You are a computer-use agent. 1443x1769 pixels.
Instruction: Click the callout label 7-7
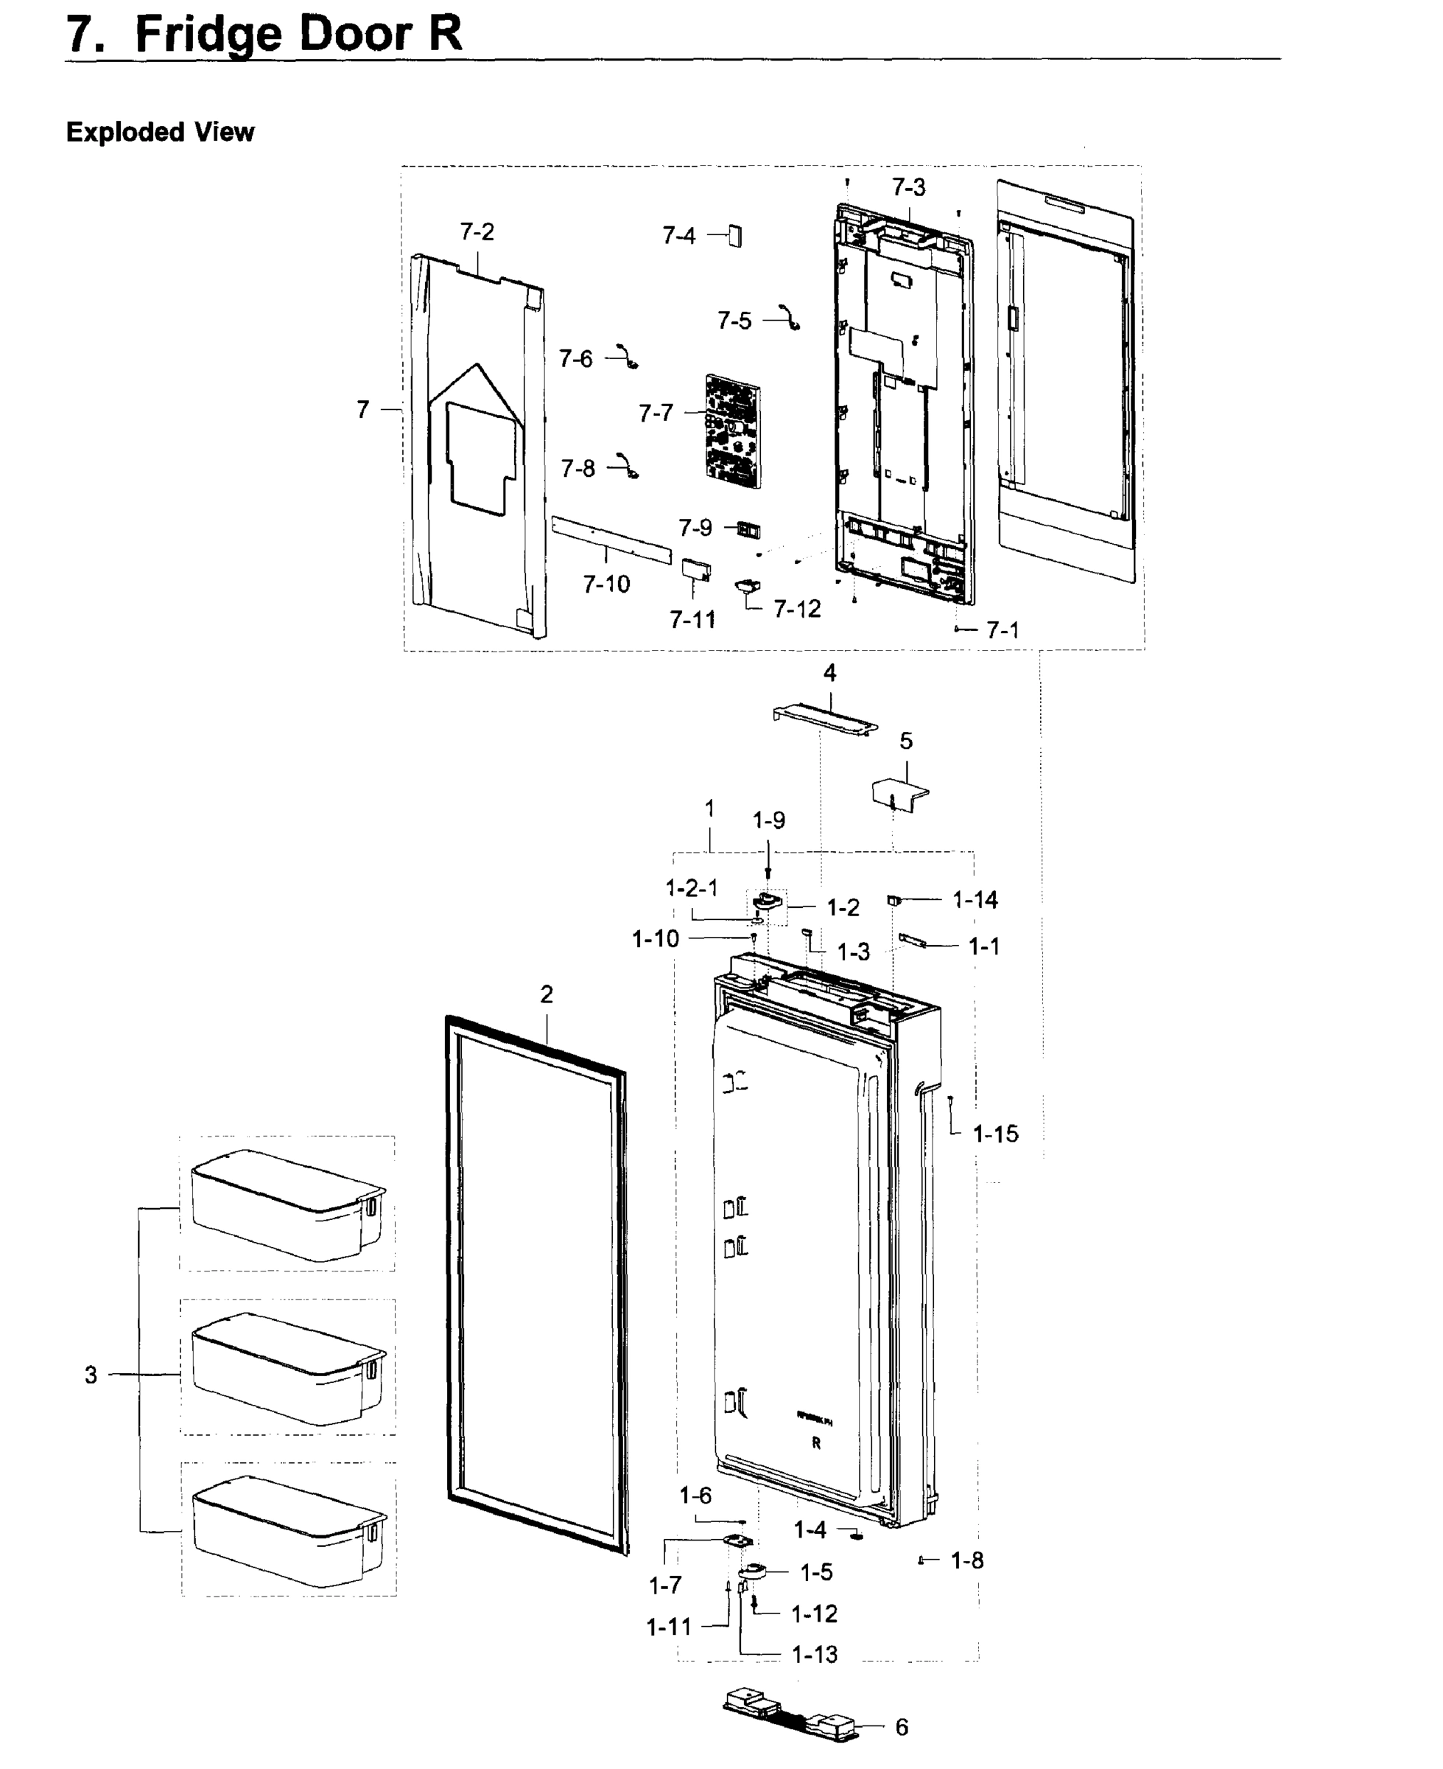655,413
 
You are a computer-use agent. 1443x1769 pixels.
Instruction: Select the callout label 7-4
678,236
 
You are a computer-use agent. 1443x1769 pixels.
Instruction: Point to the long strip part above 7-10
611,539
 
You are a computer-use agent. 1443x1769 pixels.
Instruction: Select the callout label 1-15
995,1134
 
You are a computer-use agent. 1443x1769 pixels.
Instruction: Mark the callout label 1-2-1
692,888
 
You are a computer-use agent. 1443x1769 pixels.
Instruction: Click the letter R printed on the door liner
816,1443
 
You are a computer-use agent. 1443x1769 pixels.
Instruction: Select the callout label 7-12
796,610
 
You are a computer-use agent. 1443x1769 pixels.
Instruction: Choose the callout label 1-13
815,1654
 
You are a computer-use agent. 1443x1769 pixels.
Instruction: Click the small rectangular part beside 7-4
736,235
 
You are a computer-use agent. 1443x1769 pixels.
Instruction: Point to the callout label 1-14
975,900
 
